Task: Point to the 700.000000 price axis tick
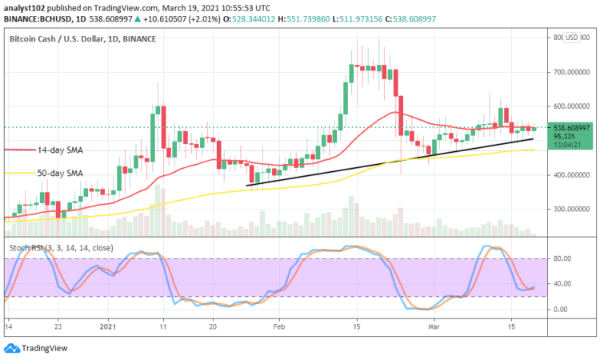(x=570, y=72)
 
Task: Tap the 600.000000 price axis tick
(x=570, y=106)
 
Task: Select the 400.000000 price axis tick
(x=570, y=175)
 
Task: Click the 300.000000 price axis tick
(x=570, y=210)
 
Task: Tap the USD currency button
(x=571, y=37)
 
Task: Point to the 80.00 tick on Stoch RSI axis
(x=562, y=259)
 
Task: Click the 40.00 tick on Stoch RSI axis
(x=562, y=284)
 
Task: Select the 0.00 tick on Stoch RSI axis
(x=561, y=309)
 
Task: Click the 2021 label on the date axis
(x=110, y=326)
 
